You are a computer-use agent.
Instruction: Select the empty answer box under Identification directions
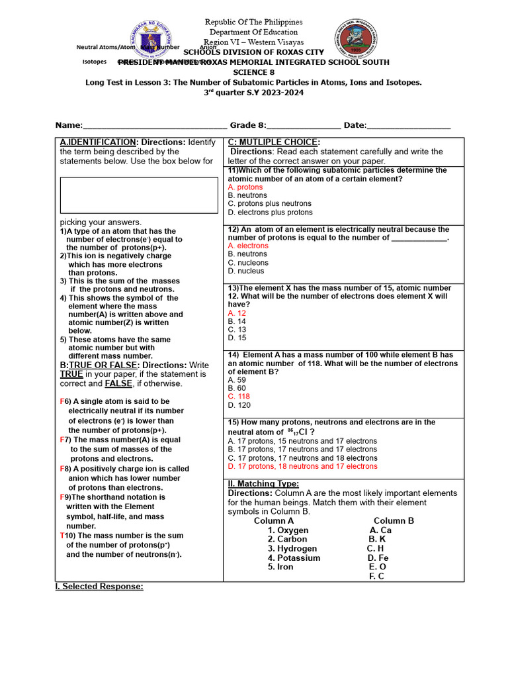pyautogui.click(x=139, y=195)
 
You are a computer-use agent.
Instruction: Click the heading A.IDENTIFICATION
pyautogui.click(x=99, y=142)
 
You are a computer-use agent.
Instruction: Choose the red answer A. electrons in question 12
pyautogui.click(x=248, y=246)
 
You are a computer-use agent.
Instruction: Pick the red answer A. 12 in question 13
pyautogui.click(x=237, y=313)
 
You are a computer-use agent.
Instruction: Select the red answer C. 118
pyautogui.click(x=239, y=397)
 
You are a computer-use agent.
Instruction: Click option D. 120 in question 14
pyautogui.click(x=239, y=405)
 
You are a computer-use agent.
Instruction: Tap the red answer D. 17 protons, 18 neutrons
pyautogui.click(x=302, y=466)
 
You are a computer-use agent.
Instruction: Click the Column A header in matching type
pyautogui.click(x=274, y=520)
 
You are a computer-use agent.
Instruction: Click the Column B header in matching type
pyautogui.click(x=394, y=520)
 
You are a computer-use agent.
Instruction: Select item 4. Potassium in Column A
pyautogui.click(x=294, y=557)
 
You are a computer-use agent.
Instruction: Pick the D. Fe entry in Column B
pyautogui.click(x=378, y=557)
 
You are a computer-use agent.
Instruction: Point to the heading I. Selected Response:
pyautogui.click(x=99, y=587)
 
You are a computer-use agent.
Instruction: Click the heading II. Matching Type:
pyautogui.click(x=263, y=484)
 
